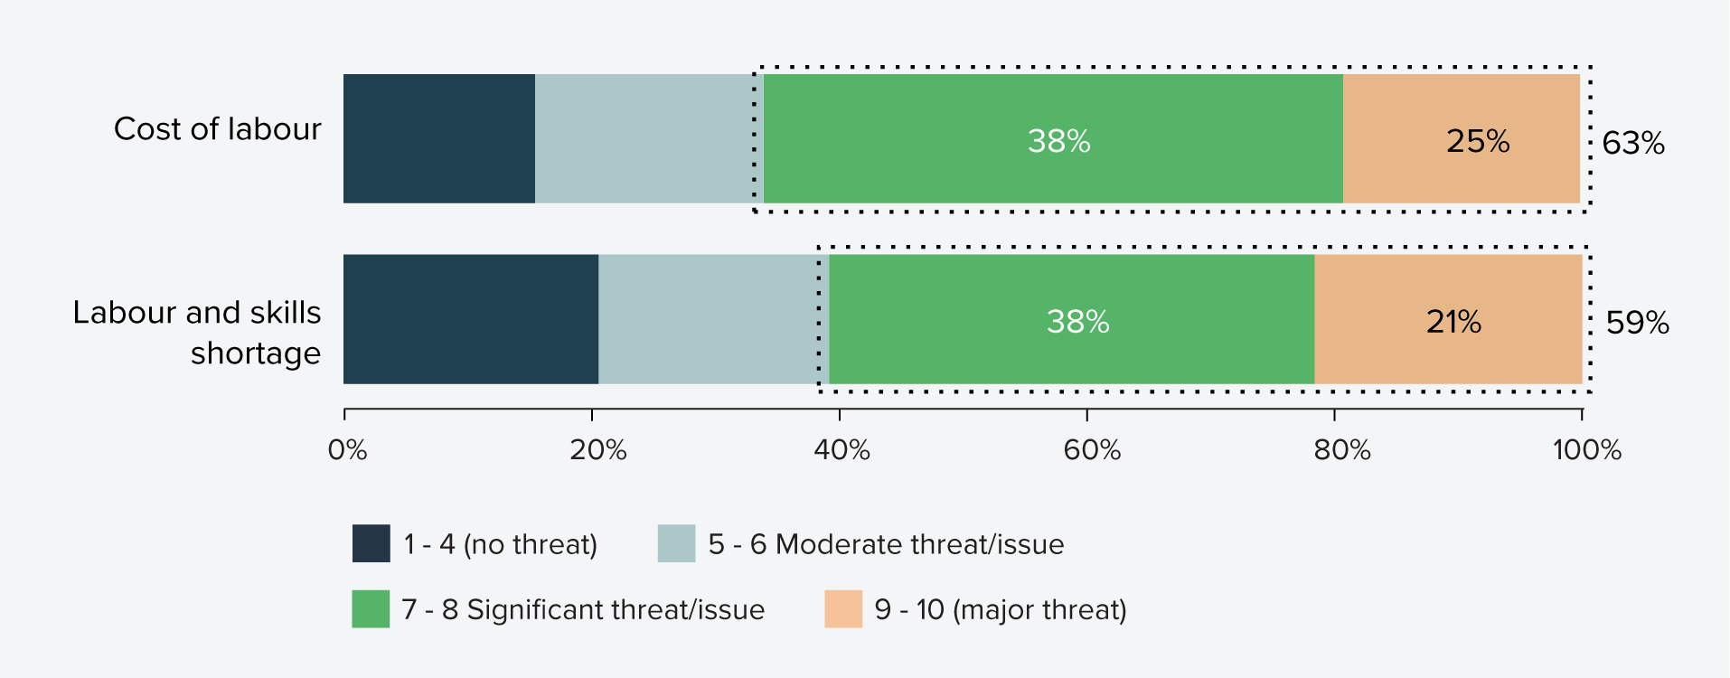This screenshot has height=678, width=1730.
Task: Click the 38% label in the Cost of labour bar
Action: pos(1058,141)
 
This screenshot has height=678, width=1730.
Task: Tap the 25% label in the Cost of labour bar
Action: pos(1478,141)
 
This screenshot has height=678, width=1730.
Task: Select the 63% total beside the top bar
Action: pos(1632,143)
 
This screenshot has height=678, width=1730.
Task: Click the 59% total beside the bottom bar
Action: pos(1637,323)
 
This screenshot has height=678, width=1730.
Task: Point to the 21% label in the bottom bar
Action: pos(1453,322)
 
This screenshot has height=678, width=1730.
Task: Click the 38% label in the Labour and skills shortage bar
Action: pos(1077,322)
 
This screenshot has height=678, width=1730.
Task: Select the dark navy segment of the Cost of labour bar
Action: pos(439,138)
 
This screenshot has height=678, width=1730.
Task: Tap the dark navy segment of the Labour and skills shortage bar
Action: pos(470,319)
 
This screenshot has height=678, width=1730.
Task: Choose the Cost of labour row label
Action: pos(217,129)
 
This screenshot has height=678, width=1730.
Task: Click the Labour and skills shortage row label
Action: pos(197,332)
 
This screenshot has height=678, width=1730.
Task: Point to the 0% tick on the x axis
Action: pos(347,449)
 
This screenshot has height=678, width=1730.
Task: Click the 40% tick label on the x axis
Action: pos(841,449)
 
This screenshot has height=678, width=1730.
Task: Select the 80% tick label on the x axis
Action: pos(1341,449)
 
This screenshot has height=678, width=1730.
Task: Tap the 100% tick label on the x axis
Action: pos(1586,449)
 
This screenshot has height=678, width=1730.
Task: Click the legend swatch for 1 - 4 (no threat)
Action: pos(371,543)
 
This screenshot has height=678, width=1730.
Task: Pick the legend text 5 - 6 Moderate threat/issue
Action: pos(886,544)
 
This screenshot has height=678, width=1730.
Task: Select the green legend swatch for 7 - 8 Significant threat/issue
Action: pos(371,608)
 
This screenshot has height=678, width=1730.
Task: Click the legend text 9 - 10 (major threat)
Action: pos(1001,609)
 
